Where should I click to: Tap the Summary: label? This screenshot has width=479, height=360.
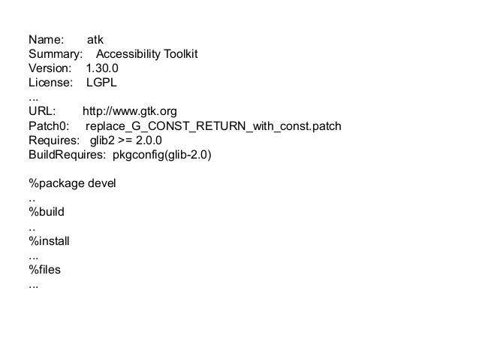tap(55, 55)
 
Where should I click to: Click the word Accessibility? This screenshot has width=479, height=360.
tap(131, 55)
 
